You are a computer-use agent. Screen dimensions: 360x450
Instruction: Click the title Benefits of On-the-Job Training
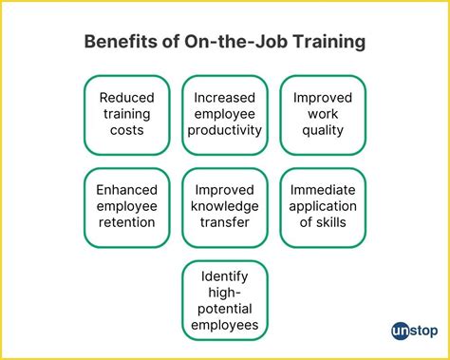click(224, 43)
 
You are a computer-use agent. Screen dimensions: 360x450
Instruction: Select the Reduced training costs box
click(126, 114)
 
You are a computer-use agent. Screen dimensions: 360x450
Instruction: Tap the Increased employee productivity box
click(225, 114)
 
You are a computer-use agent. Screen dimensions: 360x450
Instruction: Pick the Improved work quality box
click(323, 114)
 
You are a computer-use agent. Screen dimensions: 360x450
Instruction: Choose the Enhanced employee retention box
click(126, 206)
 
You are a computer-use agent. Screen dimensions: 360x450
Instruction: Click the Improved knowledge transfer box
click(225, 206)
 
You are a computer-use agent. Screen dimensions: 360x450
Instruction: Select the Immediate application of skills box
click(323, 206)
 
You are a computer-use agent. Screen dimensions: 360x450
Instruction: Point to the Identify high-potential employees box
click(225, 300)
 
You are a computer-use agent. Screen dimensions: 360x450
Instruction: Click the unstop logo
click(407, 331)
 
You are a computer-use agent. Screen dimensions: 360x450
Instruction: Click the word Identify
click(225, 275)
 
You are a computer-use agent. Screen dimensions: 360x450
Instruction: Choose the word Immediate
click(323, 189)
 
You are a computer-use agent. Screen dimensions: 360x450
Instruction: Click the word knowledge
click(225, 206)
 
